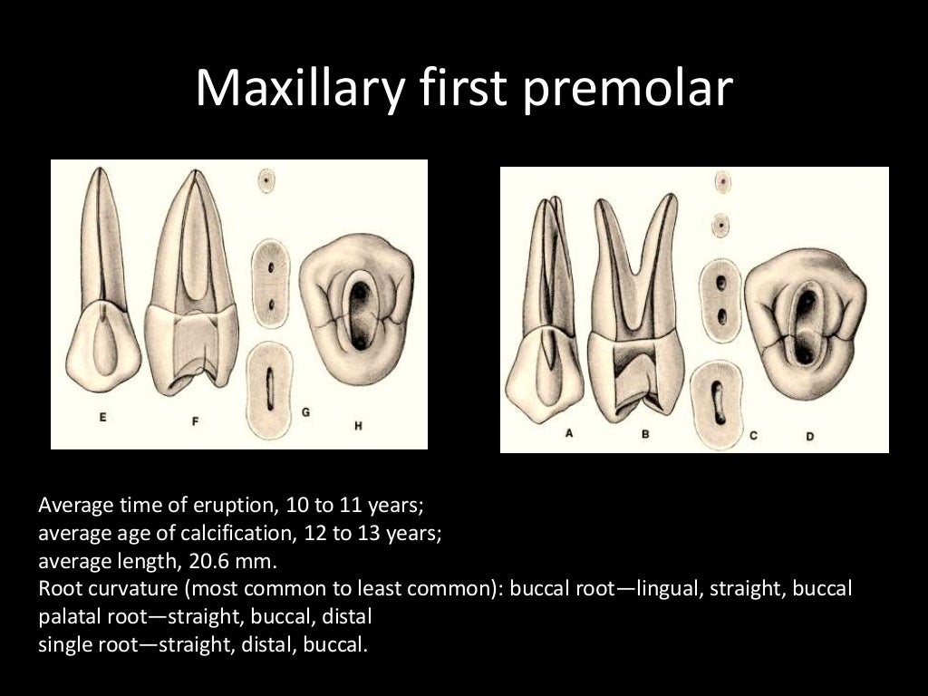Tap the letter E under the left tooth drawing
[x=102, y=418]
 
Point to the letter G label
[x=305, y=412]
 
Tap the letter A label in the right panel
[x=569, y=433]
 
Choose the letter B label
[x=645, y=434]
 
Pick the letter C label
[x=753, y=436]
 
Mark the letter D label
[x=809, y=436]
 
